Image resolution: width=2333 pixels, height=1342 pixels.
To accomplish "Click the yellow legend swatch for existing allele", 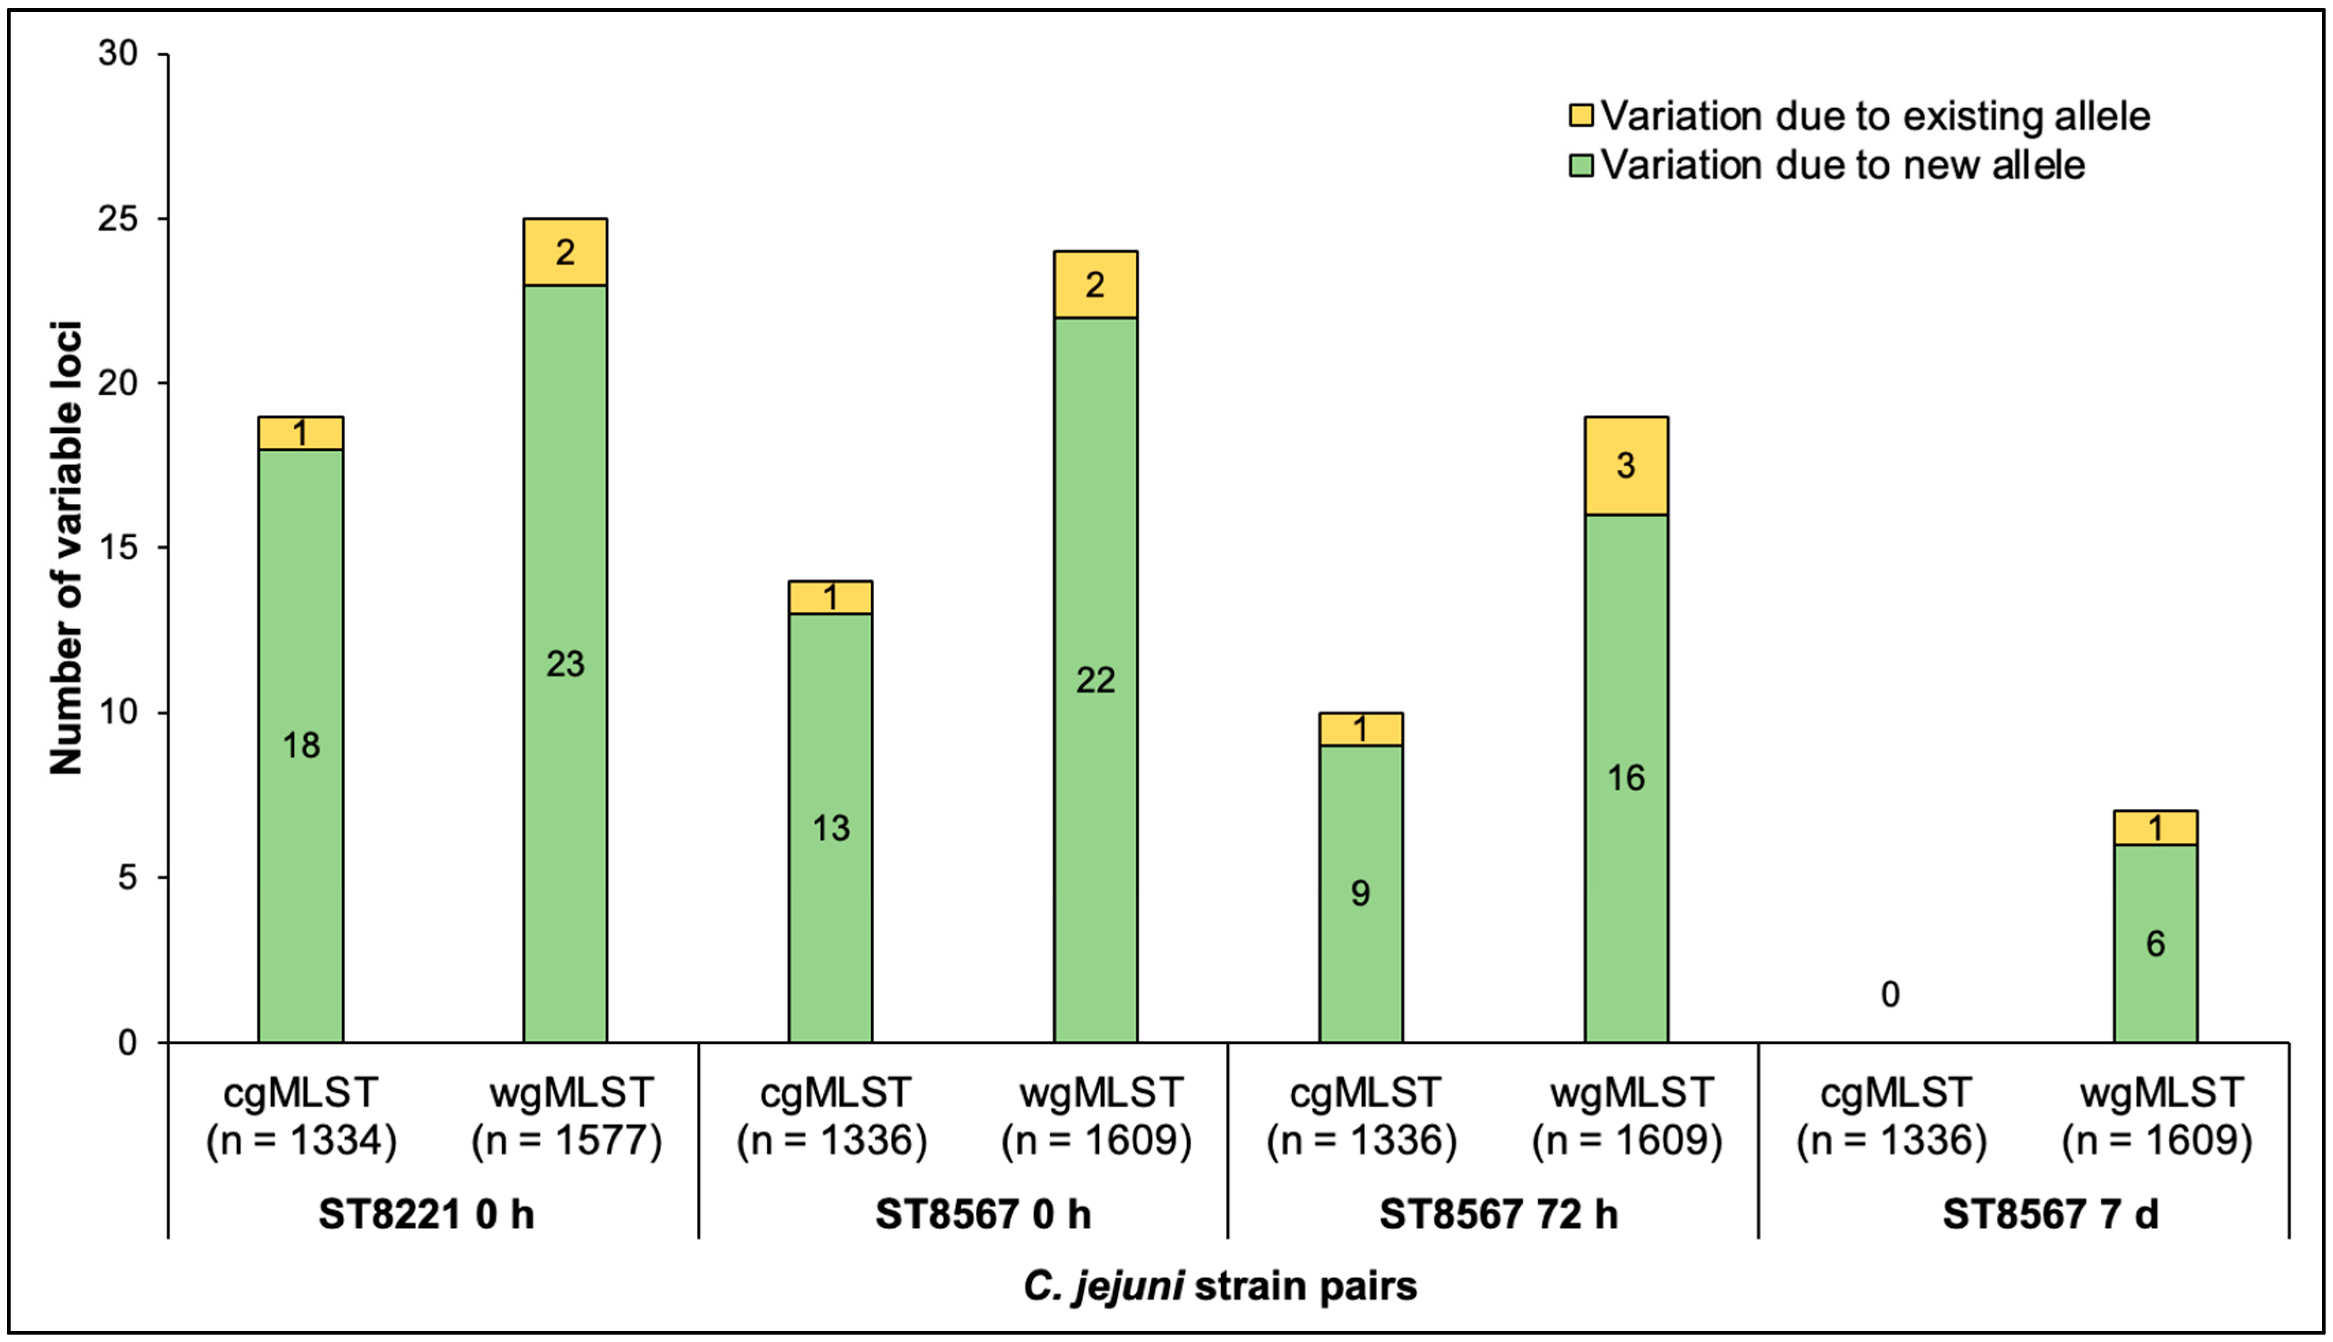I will (x=1581, y=116).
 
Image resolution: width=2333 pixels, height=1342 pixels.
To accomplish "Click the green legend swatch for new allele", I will (x=1581, y=166).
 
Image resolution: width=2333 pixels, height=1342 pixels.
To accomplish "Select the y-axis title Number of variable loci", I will (x=66, y=548).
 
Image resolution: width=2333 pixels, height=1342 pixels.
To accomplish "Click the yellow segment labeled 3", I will (x=1626, y=465).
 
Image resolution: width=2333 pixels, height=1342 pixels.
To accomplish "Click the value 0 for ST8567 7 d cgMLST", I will (x=1890, y=994).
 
